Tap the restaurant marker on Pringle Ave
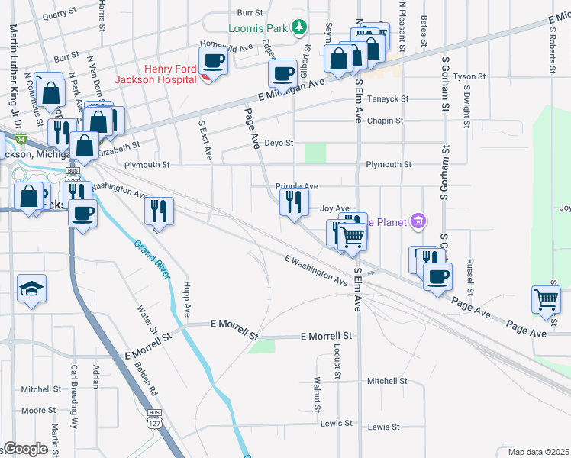[293, 202]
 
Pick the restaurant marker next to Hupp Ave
[159, 210]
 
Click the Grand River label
[151, 260]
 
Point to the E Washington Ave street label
[316, 271]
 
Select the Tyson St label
[469, 77]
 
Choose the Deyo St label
[278, 143]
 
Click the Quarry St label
[61, 15]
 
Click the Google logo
[25, 449]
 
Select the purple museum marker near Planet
[417, 222]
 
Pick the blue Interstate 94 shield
[22, 140]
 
